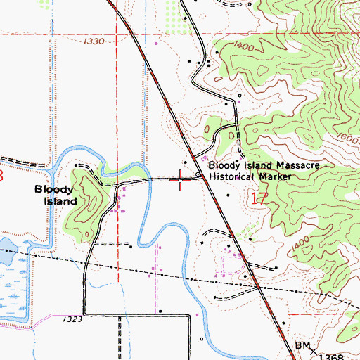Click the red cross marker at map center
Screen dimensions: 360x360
click(181, 180)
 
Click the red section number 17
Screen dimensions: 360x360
click(258, 199)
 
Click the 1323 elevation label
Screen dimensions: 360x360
click(70, 320)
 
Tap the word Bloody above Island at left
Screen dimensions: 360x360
click(53, 190)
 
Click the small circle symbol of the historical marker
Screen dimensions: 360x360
click(198, 175)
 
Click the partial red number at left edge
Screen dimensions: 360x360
click(2, 174)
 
